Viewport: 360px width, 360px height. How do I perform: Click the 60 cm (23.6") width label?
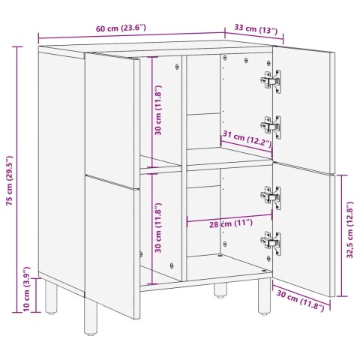click(x=121, y=28)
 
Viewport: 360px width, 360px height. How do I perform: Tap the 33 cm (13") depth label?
click(x=256, y=29)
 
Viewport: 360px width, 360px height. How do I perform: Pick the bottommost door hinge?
click(x=271, y=241)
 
